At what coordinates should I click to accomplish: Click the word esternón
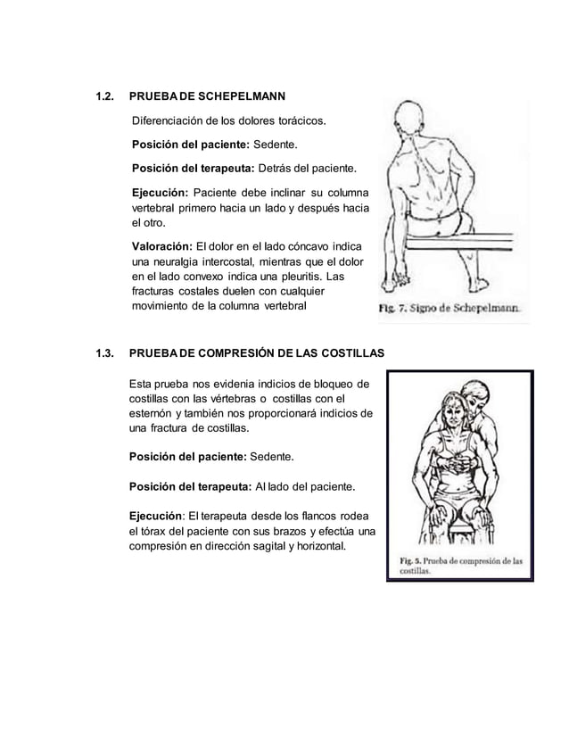(x=153, y=414)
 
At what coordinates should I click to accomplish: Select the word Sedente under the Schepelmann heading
(x=276, y=144)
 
